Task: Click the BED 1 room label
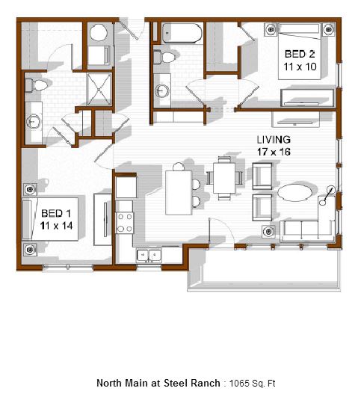click(x=56, y=213)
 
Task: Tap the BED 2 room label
click(x=300, y=54)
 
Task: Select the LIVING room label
click(x=274, y=140)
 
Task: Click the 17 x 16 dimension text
click(x=274, y=152)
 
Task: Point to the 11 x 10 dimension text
click(x=300, y=67)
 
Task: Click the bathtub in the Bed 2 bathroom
click(x=182, y=33)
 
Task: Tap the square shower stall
click(x=99, y=89)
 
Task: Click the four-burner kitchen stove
click(x=124, y=223)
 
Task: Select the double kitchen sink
click(x=149, y=255)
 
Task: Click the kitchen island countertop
click(x=179, y=193)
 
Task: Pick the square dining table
click(x=224, y=178)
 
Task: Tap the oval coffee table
click(x=294, y=193)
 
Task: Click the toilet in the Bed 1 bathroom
click(x=37, y=85)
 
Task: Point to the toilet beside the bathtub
click(x=164, y=57)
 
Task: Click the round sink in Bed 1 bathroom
click(x=34, y=121)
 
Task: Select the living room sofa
click(x=307, y=224)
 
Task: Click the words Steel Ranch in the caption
click(x=192, y=383)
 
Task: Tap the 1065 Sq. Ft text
click(x=252, y=383)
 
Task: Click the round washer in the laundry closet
click(x=99, y=33)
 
